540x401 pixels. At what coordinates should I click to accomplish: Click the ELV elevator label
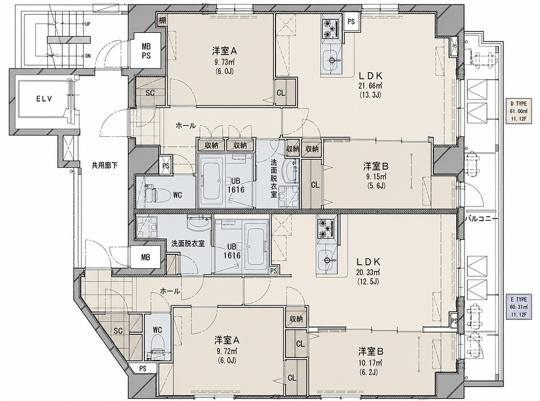click(44, 99)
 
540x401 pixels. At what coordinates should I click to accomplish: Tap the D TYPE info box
click(519, 111)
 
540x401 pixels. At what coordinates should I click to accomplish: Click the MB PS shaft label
click(146, 51)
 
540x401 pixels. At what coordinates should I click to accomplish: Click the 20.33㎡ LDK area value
click(368, 272)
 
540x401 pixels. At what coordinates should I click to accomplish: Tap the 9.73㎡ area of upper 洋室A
click(224, 62)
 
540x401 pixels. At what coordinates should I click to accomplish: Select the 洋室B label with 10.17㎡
click(370, 352)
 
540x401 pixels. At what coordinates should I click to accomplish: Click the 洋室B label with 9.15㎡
click(376, 166)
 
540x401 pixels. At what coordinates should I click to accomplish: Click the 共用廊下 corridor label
click(104, 165)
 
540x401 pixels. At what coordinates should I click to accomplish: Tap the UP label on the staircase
click(88, 24)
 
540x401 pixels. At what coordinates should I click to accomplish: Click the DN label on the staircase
click(88, 56)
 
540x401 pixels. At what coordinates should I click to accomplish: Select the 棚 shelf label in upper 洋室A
click(162, 20)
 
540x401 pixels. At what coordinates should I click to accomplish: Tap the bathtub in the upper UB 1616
click(212, 181)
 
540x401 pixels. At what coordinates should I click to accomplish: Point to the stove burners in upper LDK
click(331, 28)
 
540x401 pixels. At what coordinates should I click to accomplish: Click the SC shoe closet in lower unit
click(118, 330)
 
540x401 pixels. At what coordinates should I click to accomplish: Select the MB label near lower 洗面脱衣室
click(145, 257)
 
